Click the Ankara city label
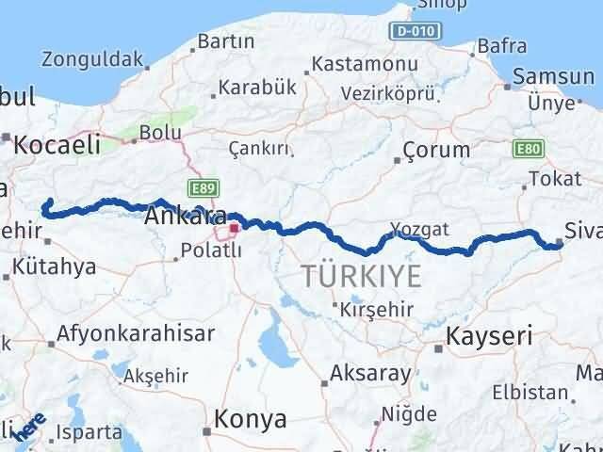click(185, 217)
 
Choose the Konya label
click(250, 417)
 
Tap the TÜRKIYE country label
click(361, 276)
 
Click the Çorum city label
click(435, 150)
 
